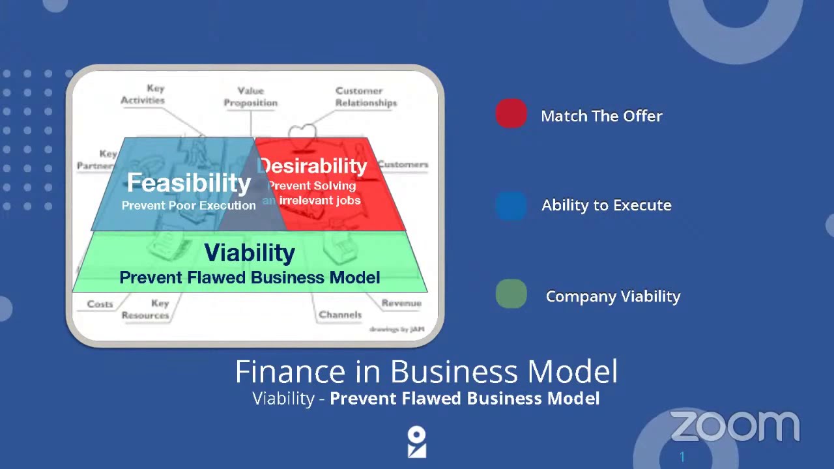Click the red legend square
click(x=511, y=113)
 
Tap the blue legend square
click(x=511, y=206)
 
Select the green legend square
click(x=511, y=294)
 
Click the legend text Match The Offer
click(x=601, y=116)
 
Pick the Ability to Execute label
click(x=606, y=205)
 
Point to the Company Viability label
click(x=612, y=296)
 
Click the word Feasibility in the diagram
click(x=188, y=183)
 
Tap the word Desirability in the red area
click(x=313, y=166)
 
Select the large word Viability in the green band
click(x=250, y=253)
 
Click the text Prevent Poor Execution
click(x=188, y=205)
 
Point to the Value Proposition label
click(x=251, y=96)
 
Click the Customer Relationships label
click(x=366, y=96)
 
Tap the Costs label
click(x=100, y=304)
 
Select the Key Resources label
click(x=146, y=309)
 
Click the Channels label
click(x=340, y=315)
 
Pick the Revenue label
click(x=401, y=303)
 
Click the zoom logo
click(x=734, y=427)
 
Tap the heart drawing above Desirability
click(x=302, y=133)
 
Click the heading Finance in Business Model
click(x=425, y=372)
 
